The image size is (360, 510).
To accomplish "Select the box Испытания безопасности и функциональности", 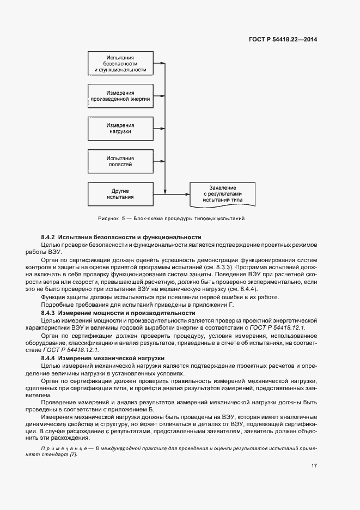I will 120,63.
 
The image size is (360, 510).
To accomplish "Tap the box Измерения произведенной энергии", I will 120,96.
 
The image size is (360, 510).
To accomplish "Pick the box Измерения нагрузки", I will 120,128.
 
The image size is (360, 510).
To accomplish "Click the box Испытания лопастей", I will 120,160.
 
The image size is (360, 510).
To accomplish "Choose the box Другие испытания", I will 120,193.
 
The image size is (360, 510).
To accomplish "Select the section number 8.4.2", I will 48,237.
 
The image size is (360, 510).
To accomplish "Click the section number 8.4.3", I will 48,313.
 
